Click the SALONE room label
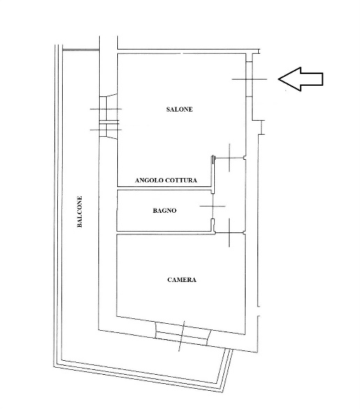179,110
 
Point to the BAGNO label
165,211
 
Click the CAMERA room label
181,280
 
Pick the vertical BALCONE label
80,211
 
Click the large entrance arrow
301,79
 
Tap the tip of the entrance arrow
278,79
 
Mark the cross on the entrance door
253,79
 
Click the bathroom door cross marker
213,207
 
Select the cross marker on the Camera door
229,232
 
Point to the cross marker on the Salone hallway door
229,158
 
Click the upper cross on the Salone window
106,109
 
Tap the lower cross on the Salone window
106,129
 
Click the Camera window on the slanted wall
183,334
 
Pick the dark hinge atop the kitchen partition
213,159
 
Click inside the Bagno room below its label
164,222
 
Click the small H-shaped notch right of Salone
262,128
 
